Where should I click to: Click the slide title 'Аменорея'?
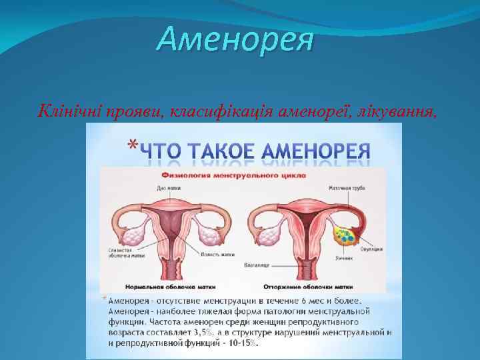235,40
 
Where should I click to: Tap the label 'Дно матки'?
166,188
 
